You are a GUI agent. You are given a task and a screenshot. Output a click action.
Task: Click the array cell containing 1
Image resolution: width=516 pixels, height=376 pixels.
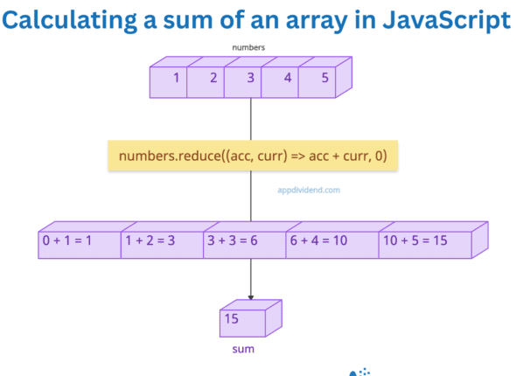point(175,79)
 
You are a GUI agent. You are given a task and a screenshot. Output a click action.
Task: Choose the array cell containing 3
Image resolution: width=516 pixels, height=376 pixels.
point(250,79)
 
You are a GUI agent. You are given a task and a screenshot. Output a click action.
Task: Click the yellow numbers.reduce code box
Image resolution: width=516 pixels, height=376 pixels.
point(253,156)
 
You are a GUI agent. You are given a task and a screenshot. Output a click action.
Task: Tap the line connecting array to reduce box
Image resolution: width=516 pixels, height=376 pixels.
point(252,118)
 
